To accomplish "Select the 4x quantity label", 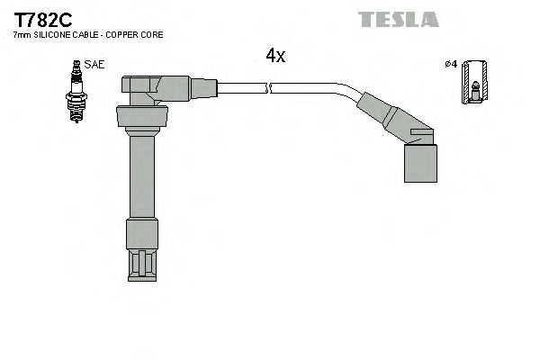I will (275, 56).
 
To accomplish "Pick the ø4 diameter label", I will (451, 65).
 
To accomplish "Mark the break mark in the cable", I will (269, 87).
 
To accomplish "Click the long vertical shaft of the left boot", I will (141, 175).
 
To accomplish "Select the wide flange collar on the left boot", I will (142, 117).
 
